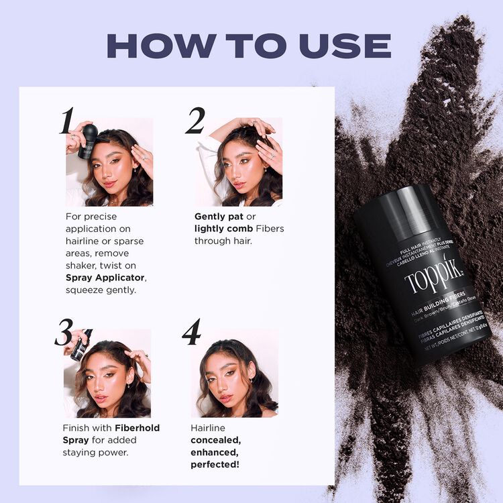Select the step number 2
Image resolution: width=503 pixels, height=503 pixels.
(195, 121)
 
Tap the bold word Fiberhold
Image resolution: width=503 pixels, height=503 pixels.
(137, 427)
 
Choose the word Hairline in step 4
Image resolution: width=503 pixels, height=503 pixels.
(209, 427)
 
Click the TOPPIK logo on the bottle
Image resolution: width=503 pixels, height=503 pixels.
(433, 278)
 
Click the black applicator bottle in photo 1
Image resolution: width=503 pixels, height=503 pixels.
(88, 142)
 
